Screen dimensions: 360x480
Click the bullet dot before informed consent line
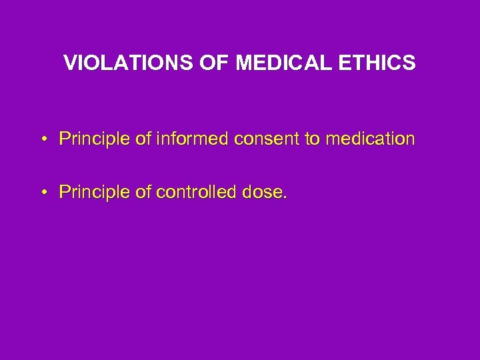pos(42,140)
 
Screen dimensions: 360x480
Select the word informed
pos(184,139)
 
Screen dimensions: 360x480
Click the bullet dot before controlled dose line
pos(42,193)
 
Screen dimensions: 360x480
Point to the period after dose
pos(285,197)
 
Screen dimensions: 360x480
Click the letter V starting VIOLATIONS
pos(69,63)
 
